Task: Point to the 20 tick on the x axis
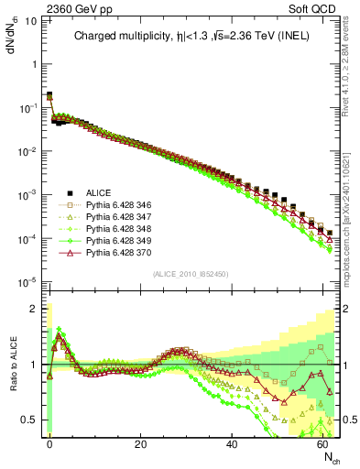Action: pos(140,444)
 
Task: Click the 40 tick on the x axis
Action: pos(232,444)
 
